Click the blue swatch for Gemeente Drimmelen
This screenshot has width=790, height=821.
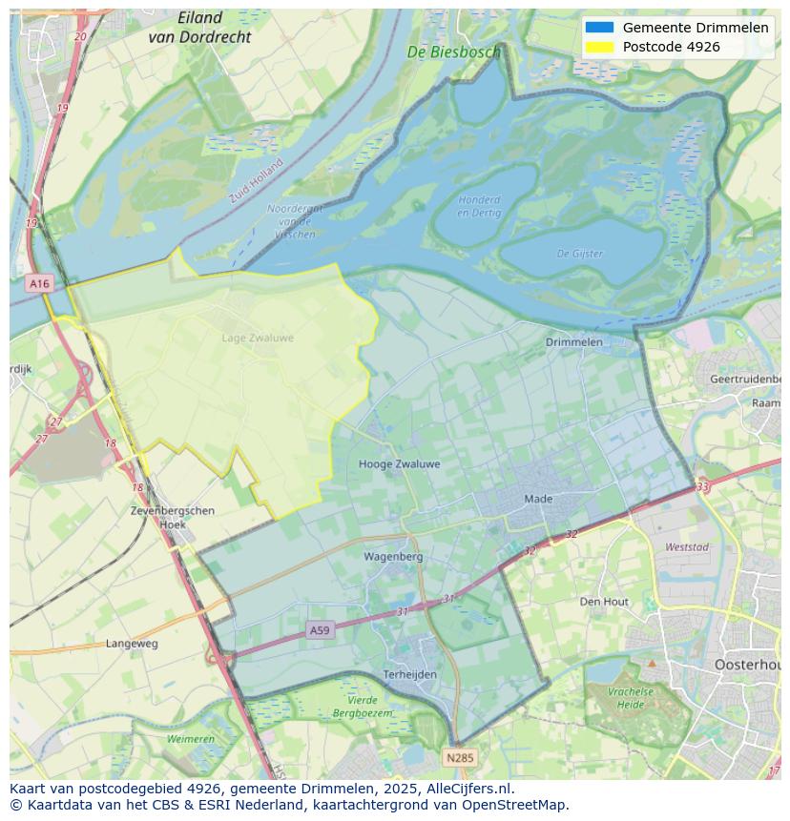tap(600, 28)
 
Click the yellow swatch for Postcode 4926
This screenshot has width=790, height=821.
tap(600, 47)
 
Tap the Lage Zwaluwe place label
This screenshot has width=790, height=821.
tap(258, 338)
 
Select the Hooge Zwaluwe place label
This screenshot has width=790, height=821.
tap(399, 464)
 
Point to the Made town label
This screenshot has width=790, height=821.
tap(538, 499)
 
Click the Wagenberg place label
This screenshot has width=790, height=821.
tap(392, 556)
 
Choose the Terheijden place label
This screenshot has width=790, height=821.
tap(409, 674)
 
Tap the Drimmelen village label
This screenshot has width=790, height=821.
tap(573, 341)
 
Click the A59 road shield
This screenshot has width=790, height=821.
tap(321, 630)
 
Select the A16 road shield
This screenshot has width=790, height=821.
tap(39, 284)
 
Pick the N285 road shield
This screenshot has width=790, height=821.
tap(459, 758)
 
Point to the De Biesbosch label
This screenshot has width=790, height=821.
tap(453, 52)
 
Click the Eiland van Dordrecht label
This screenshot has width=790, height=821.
tap(199, 28)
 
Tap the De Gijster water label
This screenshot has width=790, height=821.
tap(579, 254)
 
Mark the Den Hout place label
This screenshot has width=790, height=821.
tap(604, 602)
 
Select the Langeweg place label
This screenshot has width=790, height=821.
tap(132, 644)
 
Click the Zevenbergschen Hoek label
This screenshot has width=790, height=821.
tap(172, 517)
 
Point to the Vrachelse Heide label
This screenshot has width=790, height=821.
tap(631, 698)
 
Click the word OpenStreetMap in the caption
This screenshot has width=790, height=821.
tap(514, 805)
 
